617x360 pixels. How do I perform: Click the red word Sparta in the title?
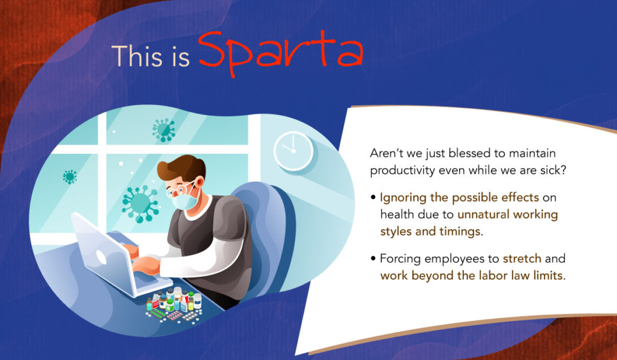tap(280, 53)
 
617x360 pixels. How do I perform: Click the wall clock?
tap(293, 151)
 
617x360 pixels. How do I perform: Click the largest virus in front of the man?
tap(140, 203)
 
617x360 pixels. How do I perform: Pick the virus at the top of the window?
tap(164, 130)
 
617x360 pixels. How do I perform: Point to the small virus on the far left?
tap(70, 177)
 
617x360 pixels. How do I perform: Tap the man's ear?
tap(199, 182)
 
